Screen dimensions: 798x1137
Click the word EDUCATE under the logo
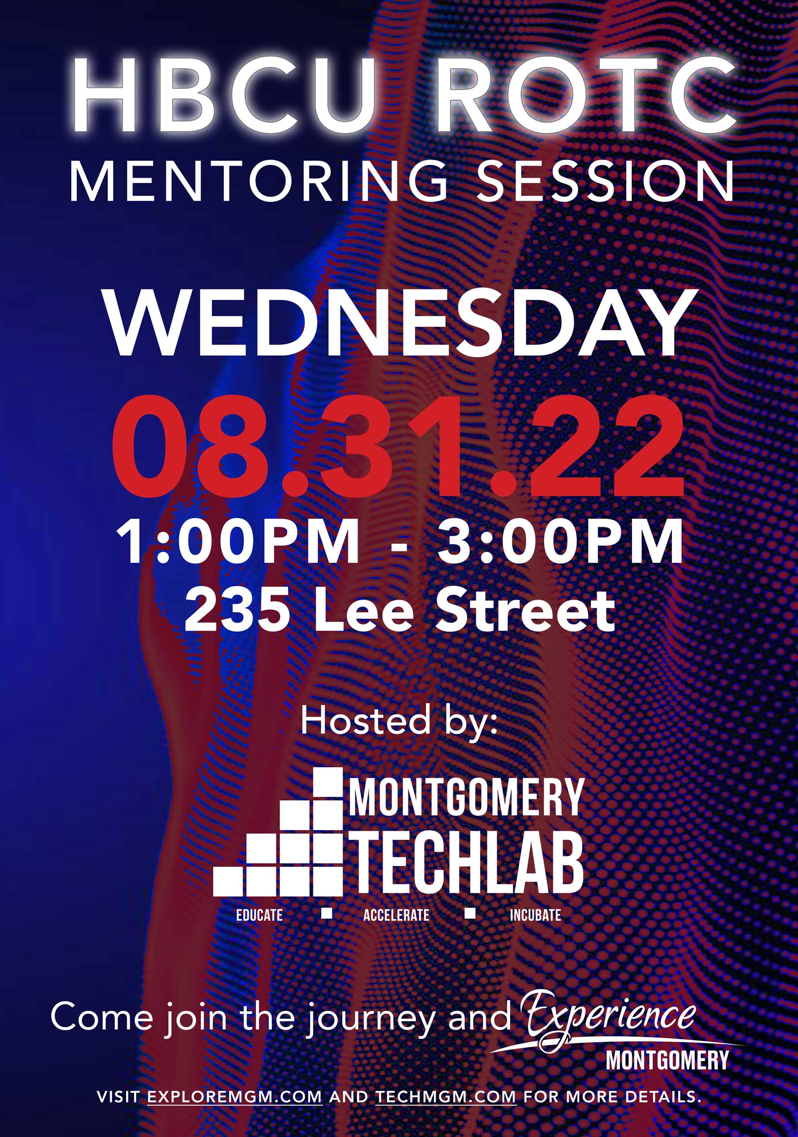pos(259,915)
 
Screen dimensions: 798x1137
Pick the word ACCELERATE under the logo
pos(397,915)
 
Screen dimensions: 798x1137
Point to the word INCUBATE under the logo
pos(535,915)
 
